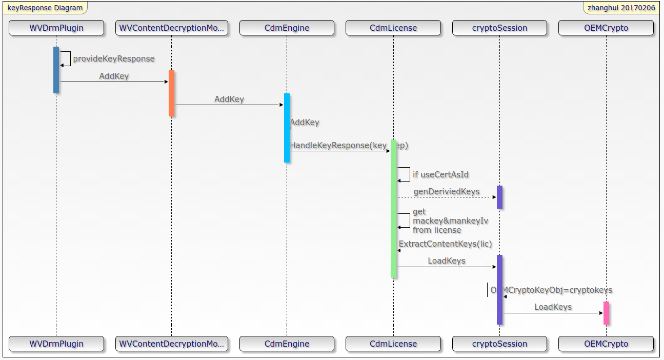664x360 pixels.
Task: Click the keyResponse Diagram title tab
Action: tap(45, 8)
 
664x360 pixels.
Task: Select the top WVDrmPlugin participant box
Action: tap(56, 28)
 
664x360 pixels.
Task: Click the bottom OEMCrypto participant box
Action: tap(606, 344)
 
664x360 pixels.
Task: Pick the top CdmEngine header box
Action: tap(287, 28)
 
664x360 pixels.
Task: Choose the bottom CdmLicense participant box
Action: tap(393, 344)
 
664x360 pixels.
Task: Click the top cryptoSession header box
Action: tap(499, 28)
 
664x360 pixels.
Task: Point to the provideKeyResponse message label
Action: tap(114, 59)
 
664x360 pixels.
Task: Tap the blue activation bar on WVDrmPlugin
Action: tap(56, 70)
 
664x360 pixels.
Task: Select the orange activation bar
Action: tap(171, 93)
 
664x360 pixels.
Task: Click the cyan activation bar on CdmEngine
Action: tap(287, 128)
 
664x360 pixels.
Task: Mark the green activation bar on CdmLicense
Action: tap(393, 208)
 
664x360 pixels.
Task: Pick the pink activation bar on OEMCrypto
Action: tap(606, 313)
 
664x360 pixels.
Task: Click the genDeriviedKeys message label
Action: tap(446, 192)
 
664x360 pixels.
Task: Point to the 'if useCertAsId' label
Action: tap(440, 174)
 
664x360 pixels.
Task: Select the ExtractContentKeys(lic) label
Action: tap(445, 244)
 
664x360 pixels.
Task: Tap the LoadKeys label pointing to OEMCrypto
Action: tap(553, 307)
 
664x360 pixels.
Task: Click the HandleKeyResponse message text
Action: tap(349, 146)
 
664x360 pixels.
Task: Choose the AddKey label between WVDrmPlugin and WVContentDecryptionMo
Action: tap(114, 76)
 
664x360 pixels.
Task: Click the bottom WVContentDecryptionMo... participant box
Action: tap(171, 344)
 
